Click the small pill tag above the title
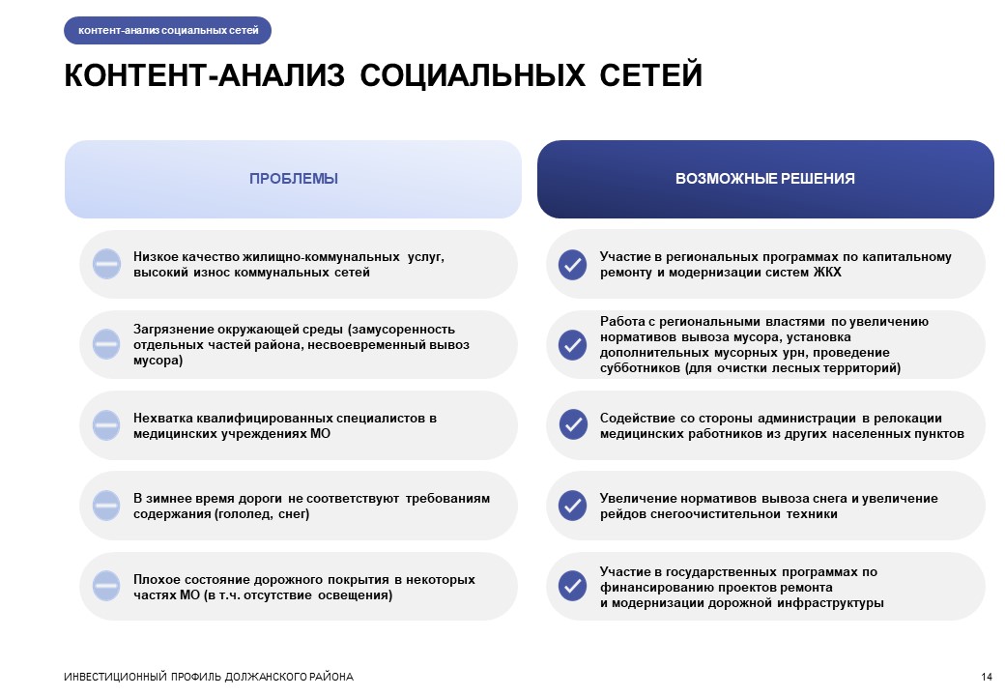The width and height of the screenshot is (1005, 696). tap(167, 30)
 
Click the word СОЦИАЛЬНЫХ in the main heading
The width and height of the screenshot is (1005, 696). tap(473, 75)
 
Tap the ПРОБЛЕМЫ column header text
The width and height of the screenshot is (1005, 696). tap(294, 179)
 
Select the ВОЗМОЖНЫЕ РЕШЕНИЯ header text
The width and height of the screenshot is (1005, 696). tap(765, 179)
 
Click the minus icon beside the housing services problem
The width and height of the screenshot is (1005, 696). tap(106, 264)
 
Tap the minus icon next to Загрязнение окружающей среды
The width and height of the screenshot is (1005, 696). tap(106, 344)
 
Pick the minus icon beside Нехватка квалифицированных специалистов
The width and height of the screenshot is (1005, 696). tap(106, 425)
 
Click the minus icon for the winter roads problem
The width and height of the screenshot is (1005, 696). tap(106, 506)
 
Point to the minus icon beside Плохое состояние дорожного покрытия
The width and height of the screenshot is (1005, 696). tap(106, 586)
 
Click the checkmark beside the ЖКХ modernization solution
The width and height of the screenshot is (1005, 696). tap(572, 265)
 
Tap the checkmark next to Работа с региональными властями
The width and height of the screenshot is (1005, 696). tap(572, 345)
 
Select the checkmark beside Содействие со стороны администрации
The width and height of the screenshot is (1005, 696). tap(572, 425)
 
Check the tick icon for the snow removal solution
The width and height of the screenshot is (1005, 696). tap(572, 506)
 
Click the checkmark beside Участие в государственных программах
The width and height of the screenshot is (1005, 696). tap(572, 586)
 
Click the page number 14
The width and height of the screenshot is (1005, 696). tap(987, 677)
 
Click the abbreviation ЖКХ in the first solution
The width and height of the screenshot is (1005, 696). tap(827, 273)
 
